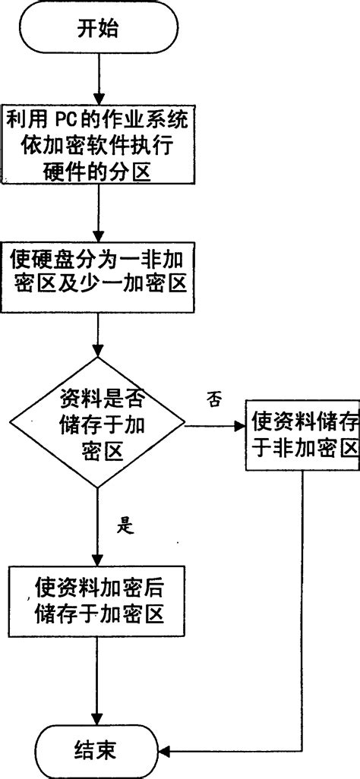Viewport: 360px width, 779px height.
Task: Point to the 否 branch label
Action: coord(214,401)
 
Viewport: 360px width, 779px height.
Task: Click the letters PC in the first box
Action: coord(65,121)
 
